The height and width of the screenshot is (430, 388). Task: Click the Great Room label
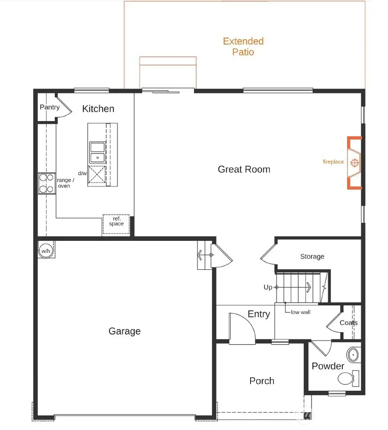[244, 169]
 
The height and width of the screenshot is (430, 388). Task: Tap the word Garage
[124, 331]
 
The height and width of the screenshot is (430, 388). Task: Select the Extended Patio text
[243, 47]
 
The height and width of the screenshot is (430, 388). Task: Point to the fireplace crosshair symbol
[354, 162]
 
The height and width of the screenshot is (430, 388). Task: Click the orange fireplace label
[333, 162]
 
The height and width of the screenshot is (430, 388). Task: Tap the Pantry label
[50, 107]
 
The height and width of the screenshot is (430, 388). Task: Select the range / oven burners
[46, 183]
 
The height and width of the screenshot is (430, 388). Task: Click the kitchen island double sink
[97, 153]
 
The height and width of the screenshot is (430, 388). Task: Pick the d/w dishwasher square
[97, 176]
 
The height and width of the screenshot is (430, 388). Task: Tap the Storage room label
[312, 257]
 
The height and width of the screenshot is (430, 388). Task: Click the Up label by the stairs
[268, 287]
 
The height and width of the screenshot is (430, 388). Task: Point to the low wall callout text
[300, 312]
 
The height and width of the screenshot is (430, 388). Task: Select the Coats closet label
[348, 323]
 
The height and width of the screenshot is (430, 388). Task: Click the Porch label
[262, 381]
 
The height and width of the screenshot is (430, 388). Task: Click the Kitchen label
[98, 109]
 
